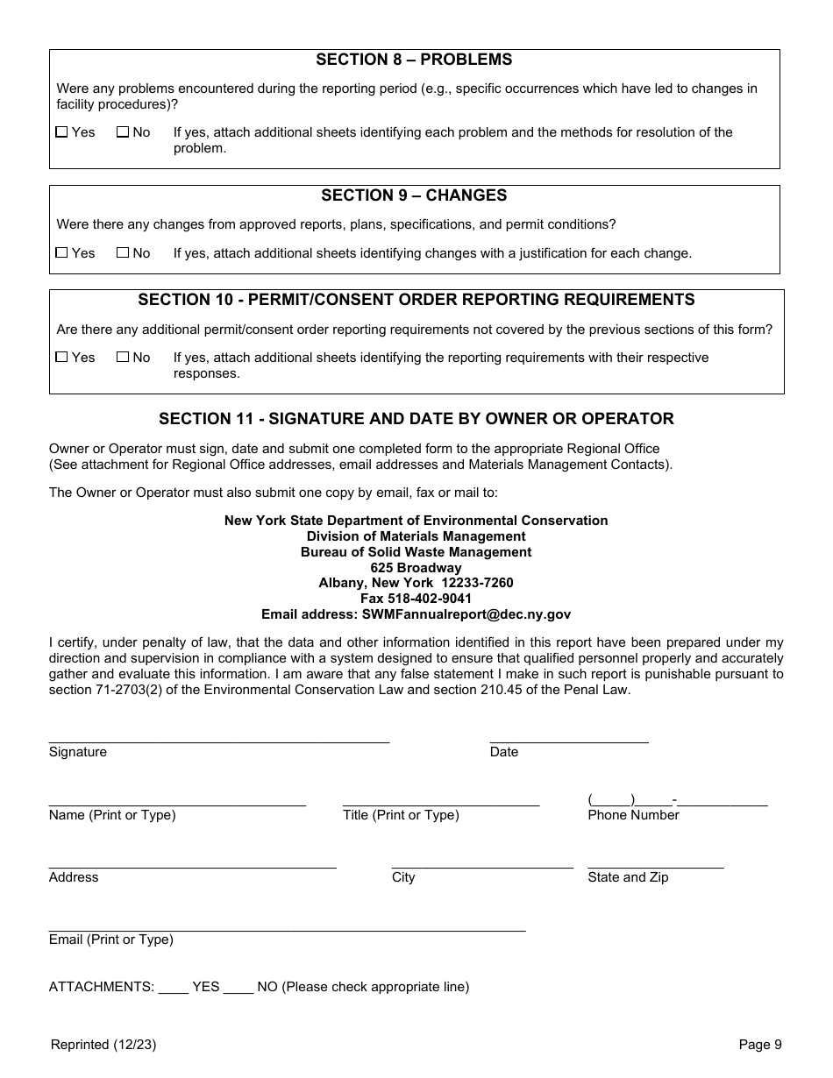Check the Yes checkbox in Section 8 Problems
click(x=61, y=132)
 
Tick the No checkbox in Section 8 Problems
click(x=123, y=132)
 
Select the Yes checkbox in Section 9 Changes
click(x=61, y=253)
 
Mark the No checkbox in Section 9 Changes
click(x=123, y=253)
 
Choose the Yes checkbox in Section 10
click(x=61, y=358)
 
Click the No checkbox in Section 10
click(x=123, y=358)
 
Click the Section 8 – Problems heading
click(x=414, y=60)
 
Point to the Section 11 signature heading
click(x=416, y=419)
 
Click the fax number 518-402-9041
click(x=416, y=599)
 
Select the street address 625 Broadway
click(x=416, y=567)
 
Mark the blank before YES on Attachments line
click(x=173, y=987)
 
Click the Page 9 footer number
click(x=759, y=1044)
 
